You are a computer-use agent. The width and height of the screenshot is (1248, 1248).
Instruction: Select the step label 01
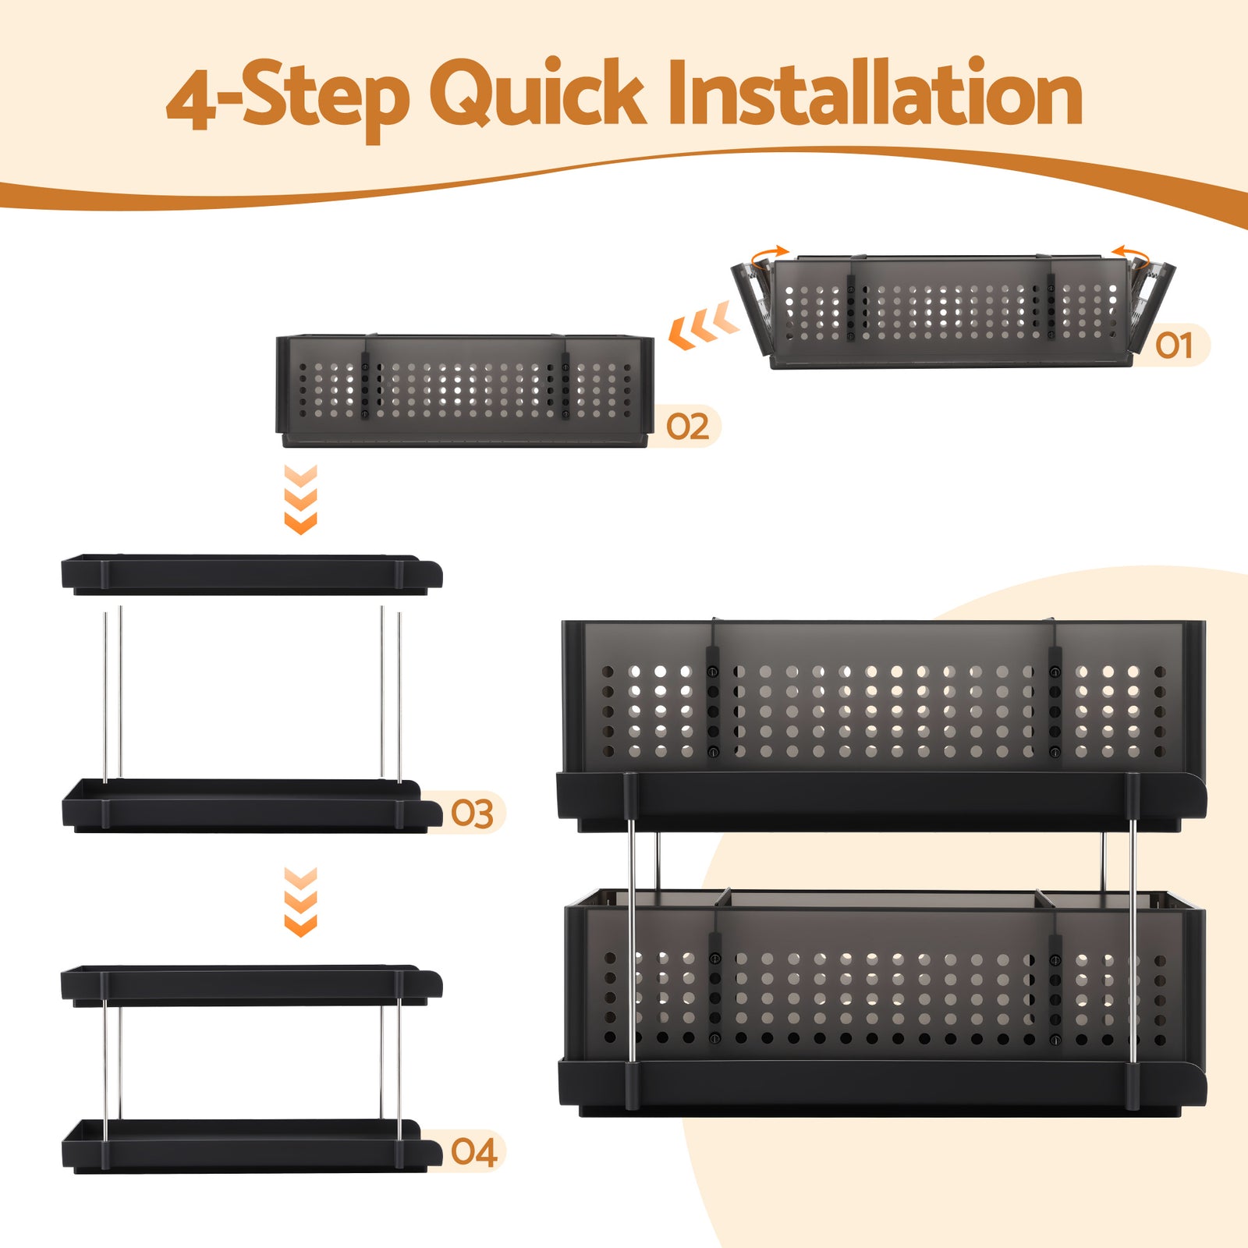click(1174, 346)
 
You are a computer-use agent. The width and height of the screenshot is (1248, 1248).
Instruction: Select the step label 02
click(687, 427)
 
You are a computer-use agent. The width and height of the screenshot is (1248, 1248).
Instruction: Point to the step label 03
click(472, 814)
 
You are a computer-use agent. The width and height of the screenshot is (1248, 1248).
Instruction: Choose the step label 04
click(473, 1152)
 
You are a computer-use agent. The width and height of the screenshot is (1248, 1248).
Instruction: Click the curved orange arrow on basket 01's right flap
click(1130, 253)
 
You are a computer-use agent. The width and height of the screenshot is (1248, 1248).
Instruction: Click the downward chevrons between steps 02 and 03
click(300, 499)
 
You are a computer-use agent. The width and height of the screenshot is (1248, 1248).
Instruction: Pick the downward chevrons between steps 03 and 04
click(300, 901)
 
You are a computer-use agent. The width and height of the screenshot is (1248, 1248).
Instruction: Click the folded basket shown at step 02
click(465, 390)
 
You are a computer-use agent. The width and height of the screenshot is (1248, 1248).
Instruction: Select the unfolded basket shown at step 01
click(952, 312)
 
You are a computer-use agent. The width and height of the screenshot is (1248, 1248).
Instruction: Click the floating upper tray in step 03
click(250, 575)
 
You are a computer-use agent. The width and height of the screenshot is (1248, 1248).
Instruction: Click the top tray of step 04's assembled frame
click(250, 985)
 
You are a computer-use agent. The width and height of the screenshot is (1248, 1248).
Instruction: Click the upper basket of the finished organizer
click(881, 702)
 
